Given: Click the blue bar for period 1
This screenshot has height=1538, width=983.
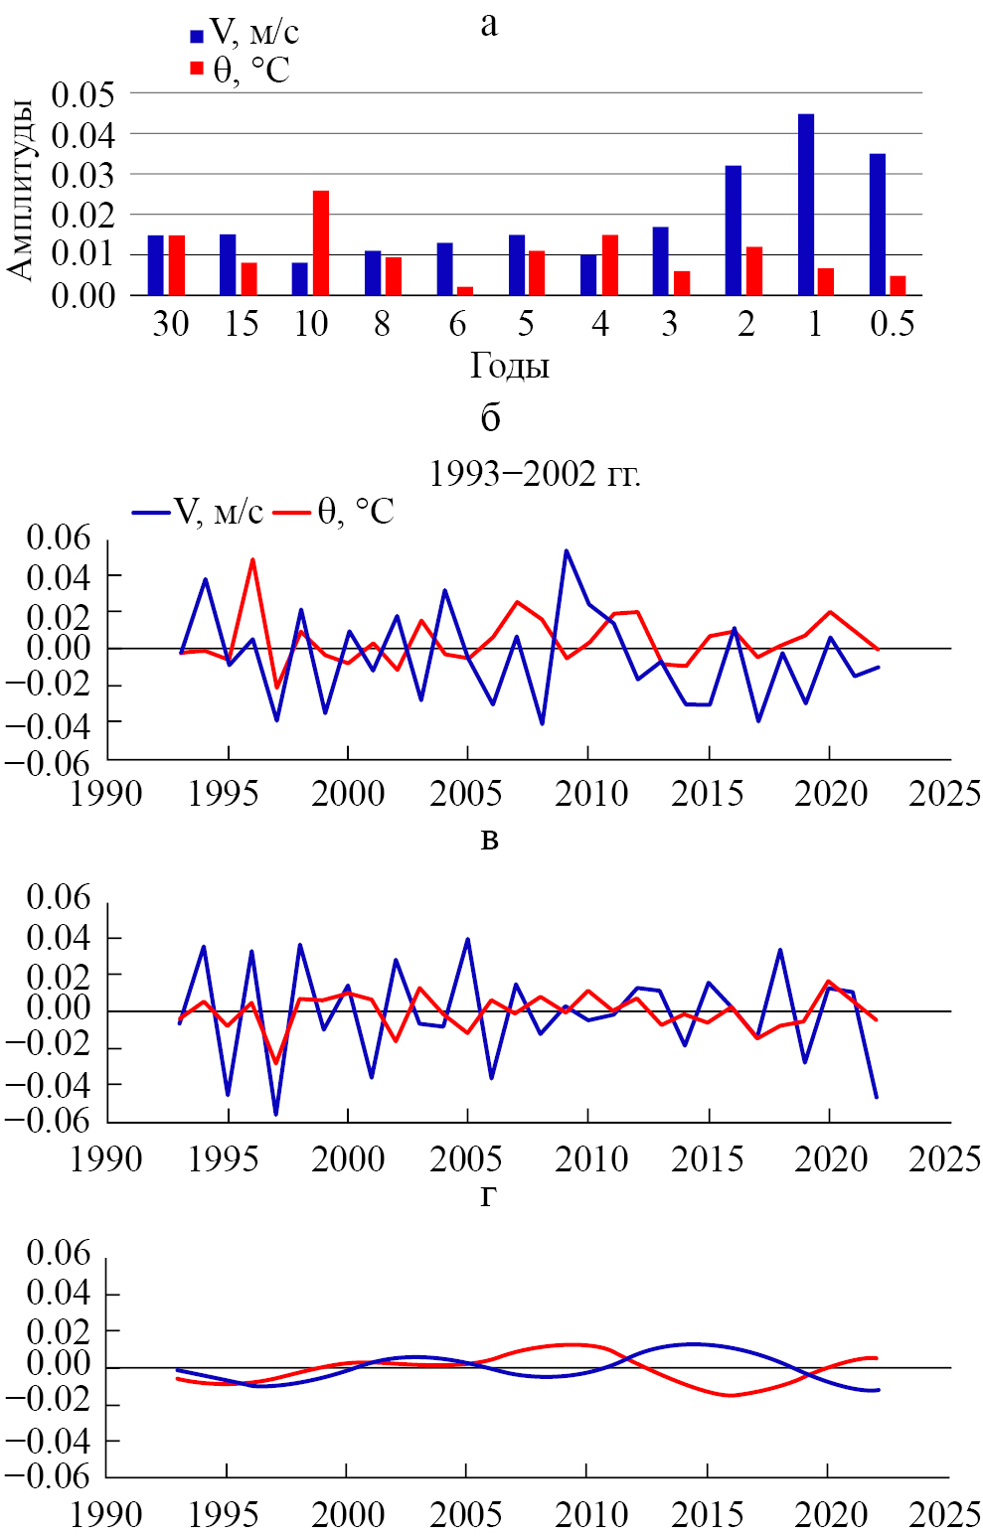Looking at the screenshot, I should click(x=806, y=205).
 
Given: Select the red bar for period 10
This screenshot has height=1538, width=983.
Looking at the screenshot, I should click(x=321, y=242).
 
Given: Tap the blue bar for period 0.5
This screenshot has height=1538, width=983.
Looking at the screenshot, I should click(x=878, y=225).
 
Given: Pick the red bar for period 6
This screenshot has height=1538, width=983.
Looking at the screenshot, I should click(x=465, y=291).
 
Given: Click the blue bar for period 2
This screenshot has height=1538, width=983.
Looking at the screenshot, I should click(x=734, y=231).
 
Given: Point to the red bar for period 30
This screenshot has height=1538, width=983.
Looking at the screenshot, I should click(x=177, y=265).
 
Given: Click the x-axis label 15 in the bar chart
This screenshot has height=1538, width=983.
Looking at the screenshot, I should click(x=241, y=324).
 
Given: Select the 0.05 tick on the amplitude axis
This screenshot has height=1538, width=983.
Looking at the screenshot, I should click(x=83, y=95).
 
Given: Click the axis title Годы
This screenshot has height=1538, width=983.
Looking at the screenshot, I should click(x=510, y=367).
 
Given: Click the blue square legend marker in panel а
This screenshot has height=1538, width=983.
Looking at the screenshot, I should click(x=197, y=37).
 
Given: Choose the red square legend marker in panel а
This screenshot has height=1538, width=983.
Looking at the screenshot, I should click(x=197, y=68).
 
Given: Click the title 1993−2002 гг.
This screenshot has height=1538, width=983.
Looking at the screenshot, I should click(x=535, y=474).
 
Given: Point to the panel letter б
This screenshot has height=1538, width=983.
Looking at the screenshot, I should click(x=490, y=418).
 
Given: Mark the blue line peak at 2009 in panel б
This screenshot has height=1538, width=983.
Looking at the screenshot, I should click(x=567, y=550).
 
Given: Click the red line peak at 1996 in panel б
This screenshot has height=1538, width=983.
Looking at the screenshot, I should click(x=252, y=559).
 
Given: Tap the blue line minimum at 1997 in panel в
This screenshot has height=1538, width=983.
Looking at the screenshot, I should click(x=276, y=1114).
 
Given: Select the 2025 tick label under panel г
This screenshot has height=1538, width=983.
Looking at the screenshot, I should click(x=944, y=1515).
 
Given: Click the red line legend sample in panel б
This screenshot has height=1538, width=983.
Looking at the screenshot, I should click(x=292, y=513).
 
